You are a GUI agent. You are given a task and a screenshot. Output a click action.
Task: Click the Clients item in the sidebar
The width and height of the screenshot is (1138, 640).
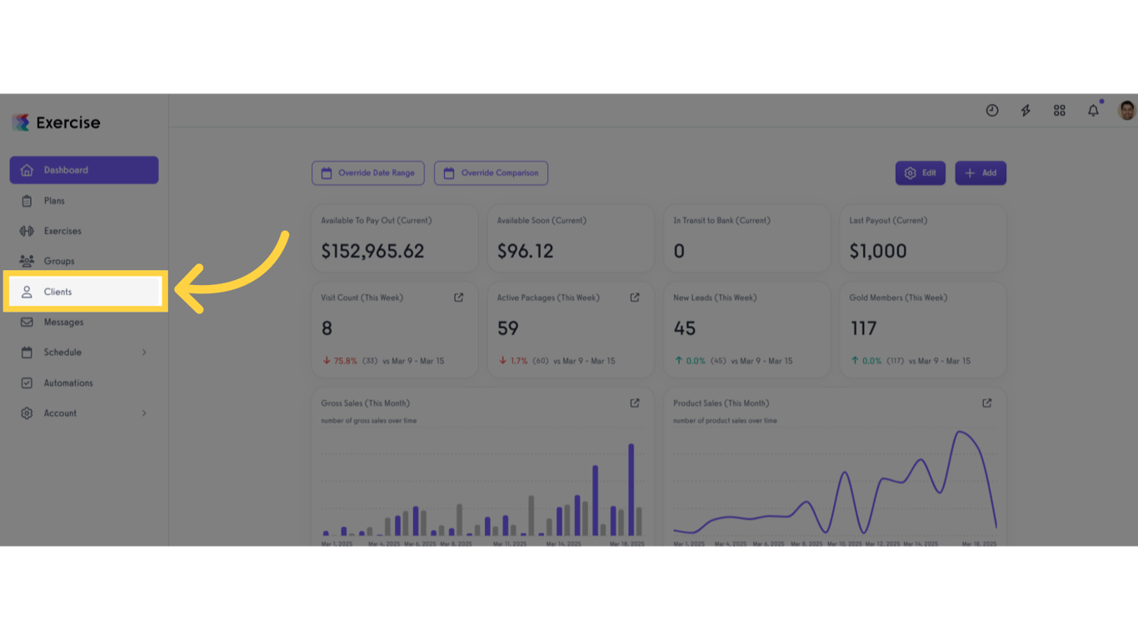point(57,292)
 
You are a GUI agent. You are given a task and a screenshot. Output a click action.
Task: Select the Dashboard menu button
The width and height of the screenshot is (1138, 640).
point(83,170)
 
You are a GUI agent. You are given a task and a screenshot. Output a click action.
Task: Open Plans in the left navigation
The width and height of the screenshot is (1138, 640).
point(54,201)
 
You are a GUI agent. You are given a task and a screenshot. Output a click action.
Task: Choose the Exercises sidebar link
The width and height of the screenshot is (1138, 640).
point(62,231)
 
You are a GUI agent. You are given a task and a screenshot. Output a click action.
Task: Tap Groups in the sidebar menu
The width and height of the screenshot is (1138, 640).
point(59,261)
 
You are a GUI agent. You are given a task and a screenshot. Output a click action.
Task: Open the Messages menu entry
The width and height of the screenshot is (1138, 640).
point(63,322)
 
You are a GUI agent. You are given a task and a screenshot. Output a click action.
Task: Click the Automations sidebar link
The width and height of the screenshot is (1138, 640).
point(68,383)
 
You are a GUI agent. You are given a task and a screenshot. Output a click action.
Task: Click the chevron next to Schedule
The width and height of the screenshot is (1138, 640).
point(144,352)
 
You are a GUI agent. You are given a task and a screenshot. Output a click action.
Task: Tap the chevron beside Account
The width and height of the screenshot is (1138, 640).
point(144,413)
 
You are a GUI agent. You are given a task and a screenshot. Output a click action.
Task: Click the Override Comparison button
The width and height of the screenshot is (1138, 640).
point(491,173)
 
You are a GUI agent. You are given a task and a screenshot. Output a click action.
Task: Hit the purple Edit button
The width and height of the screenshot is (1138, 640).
point(920,173)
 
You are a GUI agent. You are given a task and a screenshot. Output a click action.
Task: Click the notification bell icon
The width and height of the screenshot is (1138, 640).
point(1093,111)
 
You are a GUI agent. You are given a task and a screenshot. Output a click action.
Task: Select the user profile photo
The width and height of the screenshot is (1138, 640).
point(1126,110)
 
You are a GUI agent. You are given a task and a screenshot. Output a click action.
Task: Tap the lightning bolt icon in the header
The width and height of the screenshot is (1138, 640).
point(1026,111)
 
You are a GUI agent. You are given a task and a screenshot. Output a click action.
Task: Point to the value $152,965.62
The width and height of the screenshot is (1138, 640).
point(372,251)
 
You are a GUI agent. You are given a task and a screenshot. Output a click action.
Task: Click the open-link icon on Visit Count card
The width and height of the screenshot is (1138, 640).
point(458,297)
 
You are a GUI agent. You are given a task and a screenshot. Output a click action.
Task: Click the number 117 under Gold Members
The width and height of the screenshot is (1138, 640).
point(863,328)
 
